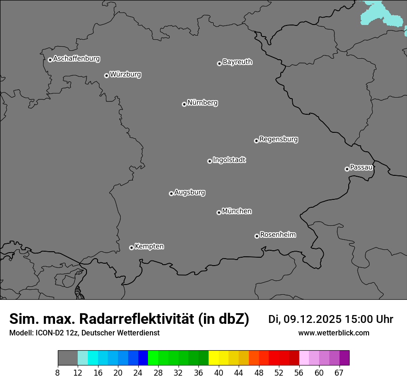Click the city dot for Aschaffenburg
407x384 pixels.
click(50, 60)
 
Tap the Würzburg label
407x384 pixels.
click(125, 74)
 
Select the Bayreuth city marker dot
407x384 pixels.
click(219, 63)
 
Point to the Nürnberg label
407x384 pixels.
click(203, 103)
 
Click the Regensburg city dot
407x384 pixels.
click(256, 141)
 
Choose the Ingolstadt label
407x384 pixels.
click(229, 160)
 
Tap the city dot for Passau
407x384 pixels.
click(347, 169)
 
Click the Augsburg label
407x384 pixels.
click(190, 192)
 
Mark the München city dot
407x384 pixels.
click(219, 213)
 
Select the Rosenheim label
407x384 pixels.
click(278, 235)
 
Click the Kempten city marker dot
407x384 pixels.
click(131, 248)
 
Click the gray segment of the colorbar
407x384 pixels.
click(68, 358)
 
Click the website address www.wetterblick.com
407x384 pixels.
click(334, 333)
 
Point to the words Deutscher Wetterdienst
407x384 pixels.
click(120, 333)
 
